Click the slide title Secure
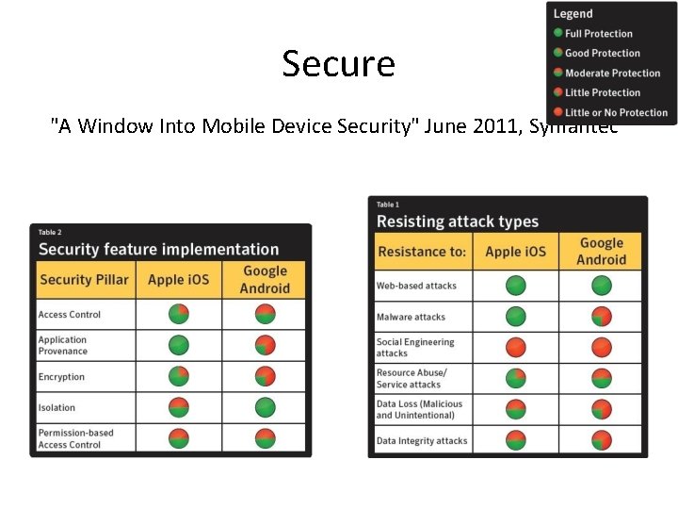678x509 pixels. click(x=338, y=64)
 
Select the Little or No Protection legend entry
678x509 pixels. click(x=616, y=113)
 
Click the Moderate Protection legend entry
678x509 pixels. click(x=612, y=74)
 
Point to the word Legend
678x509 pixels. click(x=573, y=14)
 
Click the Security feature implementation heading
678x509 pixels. click(x=158, y=250)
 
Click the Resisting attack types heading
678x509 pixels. click(x=458, y=222)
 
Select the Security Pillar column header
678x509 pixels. click(x=85, y=280)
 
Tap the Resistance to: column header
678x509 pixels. click(x=422, y=252)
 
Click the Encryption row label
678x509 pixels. click(x=61, y=377)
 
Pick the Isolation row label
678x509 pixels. click(x=56, y=408)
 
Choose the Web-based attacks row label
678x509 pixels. click(x=416, y=286)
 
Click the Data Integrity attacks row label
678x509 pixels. click(x=422, y=441)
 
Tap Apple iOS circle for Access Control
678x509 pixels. click(x=179, y=315)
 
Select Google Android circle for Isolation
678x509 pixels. click(x=266, y=408)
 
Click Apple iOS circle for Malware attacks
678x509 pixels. click(x=515, y=317)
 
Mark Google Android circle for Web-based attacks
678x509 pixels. click(x=602, y=286)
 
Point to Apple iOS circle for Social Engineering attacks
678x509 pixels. click(x=515, y=348)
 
